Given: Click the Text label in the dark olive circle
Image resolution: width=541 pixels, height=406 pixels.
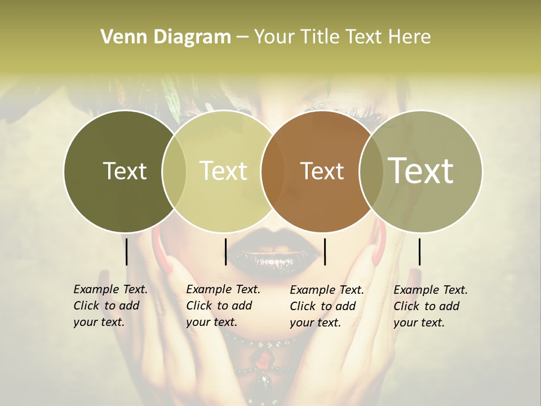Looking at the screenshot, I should tap(125, 171).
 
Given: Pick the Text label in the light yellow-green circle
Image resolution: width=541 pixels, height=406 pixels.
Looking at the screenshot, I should tap(223, 171).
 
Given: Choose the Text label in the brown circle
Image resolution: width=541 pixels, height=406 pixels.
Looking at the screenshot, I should tap(322, 171).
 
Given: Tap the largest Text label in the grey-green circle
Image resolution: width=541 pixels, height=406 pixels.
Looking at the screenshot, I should tap(421, 170).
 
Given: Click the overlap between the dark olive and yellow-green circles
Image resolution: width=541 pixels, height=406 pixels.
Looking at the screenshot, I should tap(174, 171).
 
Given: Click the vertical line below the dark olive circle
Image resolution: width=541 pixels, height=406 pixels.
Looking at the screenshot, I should tap(126, 251).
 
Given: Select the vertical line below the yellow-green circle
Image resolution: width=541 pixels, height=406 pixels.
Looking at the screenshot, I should tap(225, 251).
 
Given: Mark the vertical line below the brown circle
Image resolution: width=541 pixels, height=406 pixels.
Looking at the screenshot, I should tap(325, 251).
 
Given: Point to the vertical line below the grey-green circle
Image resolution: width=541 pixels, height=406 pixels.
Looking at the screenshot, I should tap(419, 251).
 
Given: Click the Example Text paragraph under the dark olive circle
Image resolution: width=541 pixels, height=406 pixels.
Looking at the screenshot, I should tap(110, 306).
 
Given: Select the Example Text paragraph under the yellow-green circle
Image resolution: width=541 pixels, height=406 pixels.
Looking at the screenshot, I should tap(223, 306).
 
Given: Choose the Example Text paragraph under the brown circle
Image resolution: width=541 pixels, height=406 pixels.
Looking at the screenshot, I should tap(326, 306).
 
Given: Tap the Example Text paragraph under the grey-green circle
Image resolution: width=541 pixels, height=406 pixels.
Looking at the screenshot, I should tap(430, 306).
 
